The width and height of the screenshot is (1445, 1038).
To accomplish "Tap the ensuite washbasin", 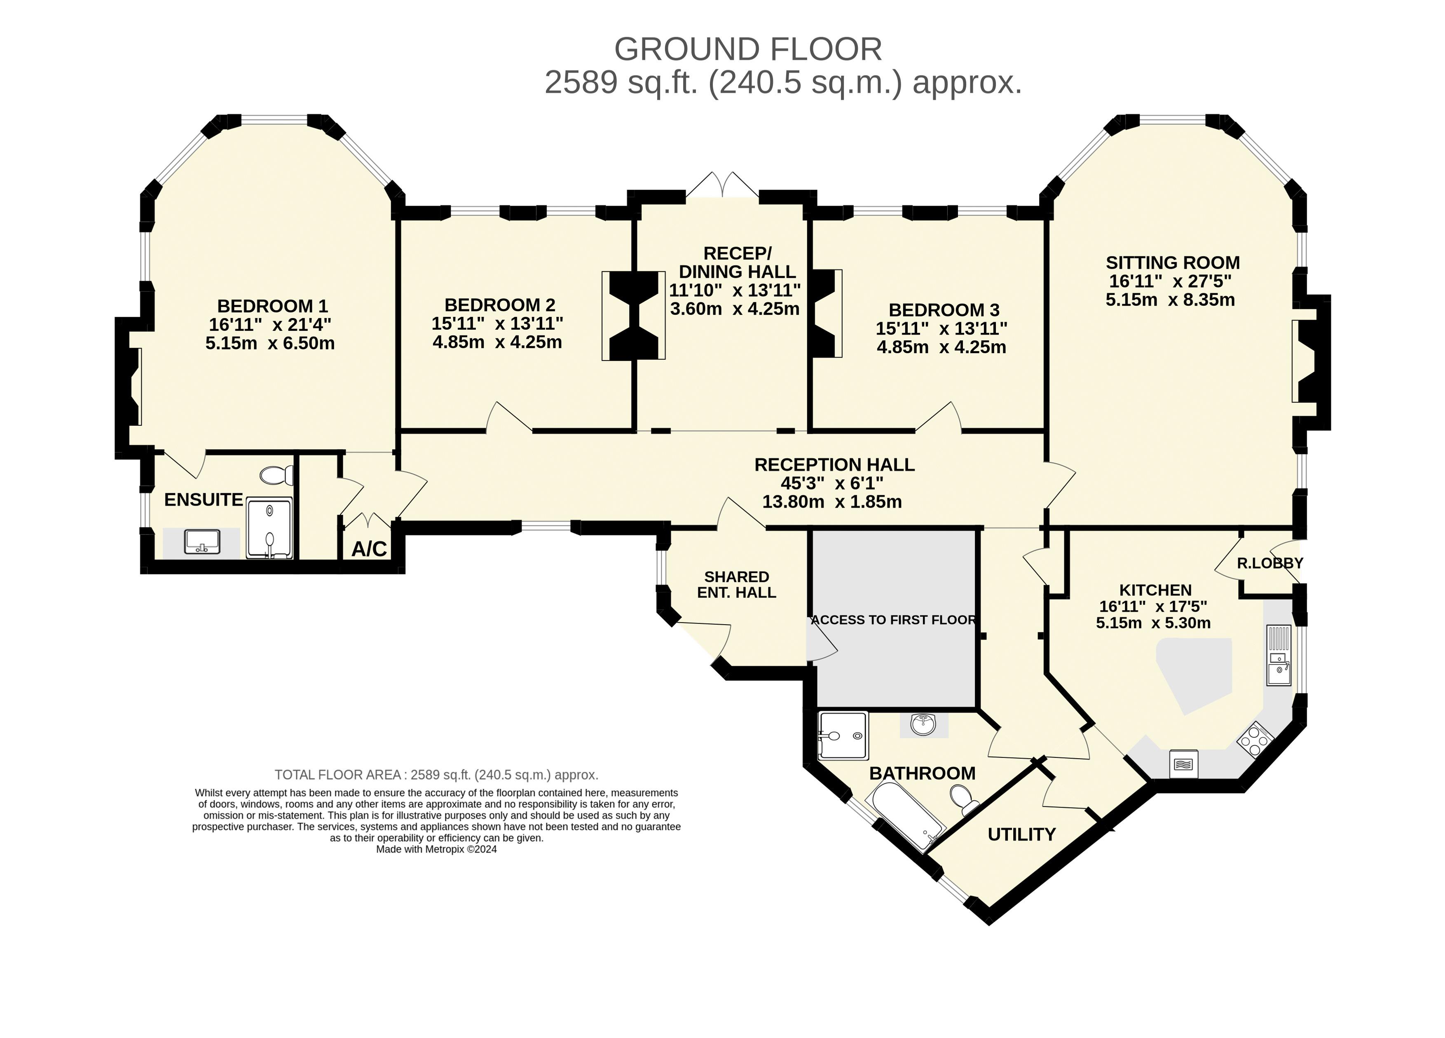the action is point(202,542).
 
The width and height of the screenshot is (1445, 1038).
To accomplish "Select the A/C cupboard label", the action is point(370,548).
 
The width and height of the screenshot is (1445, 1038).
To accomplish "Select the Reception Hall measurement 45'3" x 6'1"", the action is point(832,483).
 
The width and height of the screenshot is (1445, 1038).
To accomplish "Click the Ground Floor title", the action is point(748,49).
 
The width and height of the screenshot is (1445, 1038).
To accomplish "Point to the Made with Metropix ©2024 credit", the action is point(436,849).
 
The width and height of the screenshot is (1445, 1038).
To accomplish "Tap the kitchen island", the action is point(1193,674).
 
